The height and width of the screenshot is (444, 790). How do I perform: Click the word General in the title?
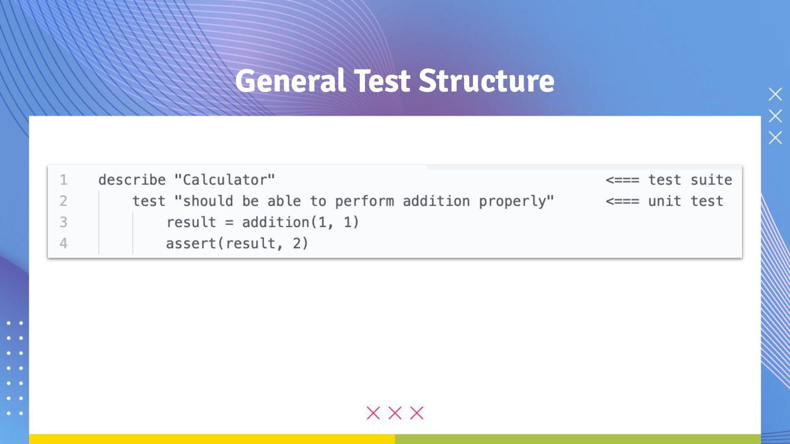(x=290, y=82)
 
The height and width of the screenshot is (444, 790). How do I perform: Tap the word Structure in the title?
(x=486, y=82)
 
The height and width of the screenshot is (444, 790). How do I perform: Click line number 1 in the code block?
(x=64, y=180)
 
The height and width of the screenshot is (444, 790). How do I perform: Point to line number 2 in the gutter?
(x=64, y=201)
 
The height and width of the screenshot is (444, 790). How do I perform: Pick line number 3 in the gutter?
(x=64, y=222)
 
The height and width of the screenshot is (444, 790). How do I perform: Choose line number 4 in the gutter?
(x=64, y=243)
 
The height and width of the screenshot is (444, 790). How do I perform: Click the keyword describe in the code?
(x=132, y=180)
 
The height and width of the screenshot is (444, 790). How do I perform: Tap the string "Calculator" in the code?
(x=225, y=180)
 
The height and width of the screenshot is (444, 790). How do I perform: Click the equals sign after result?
(x=229, y=223)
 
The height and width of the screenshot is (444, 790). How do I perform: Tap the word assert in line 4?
(x=191, y=243)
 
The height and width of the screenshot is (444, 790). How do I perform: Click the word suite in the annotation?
(x=711, y=180)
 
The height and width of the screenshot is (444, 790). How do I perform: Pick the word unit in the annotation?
(x=665, y=201)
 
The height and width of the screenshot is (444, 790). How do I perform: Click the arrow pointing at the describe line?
(x=623, y=180)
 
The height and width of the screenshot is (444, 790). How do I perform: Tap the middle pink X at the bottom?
(x=395, y=413)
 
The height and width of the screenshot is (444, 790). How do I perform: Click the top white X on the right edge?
(x=775, y=94)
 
